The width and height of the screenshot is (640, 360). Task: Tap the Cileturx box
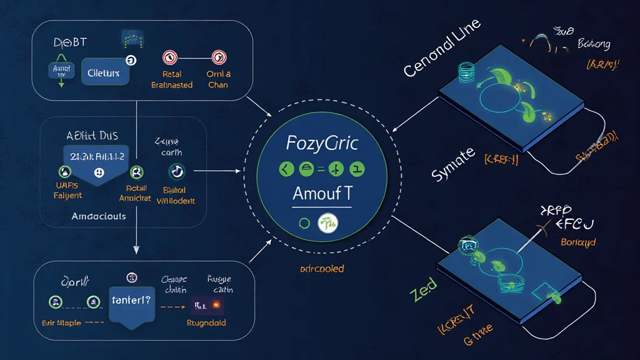tap(104, 73)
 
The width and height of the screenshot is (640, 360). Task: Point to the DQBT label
tap(69, 42)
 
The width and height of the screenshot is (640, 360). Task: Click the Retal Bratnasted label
tap(172, 79)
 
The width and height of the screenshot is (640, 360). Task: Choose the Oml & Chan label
tap(218, 79)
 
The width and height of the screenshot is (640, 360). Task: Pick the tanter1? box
tap(132, 300)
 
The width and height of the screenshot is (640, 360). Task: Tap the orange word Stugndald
tap(206, 323)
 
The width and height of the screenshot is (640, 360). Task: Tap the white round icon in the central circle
tap(327, 224)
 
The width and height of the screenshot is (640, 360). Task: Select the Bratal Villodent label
tap(175, 195)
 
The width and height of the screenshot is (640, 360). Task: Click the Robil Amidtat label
tap(136, 192)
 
